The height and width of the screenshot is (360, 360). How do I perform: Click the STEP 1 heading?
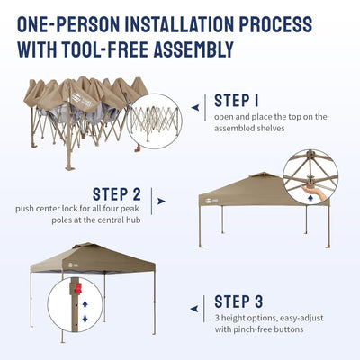[237, 101]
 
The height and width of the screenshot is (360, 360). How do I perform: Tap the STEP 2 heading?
[117, 194]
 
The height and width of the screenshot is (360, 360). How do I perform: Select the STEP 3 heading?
[238, 301]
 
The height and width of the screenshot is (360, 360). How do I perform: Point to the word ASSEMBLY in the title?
[193, 49]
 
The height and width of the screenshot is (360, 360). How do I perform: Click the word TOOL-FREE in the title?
[104, 49]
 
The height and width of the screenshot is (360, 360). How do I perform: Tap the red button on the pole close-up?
[78, 289]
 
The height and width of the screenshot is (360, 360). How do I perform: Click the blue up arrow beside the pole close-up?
[85, 304]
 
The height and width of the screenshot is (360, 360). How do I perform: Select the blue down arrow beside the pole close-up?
[85, 319]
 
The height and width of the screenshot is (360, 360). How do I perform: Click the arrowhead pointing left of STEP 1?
[195, 107]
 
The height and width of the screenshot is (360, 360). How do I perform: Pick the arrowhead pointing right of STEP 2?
[161, 201]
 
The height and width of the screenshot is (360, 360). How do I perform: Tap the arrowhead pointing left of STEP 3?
[194, 309]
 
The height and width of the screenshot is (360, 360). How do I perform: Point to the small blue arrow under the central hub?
[310, 199]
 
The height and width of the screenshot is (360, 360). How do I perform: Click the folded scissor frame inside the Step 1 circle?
[156, 123]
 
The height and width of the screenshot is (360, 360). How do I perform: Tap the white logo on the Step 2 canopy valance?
[211, 202]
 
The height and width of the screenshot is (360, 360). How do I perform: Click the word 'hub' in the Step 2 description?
[133, 220]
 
